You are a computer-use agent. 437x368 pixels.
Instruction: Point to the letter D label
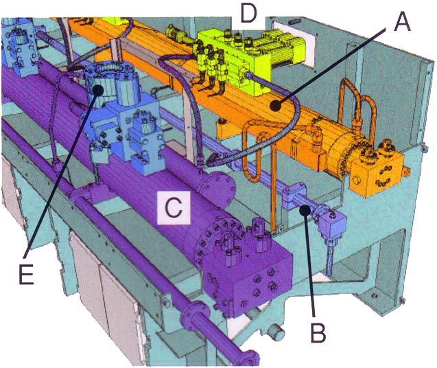tap(247, 12)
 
